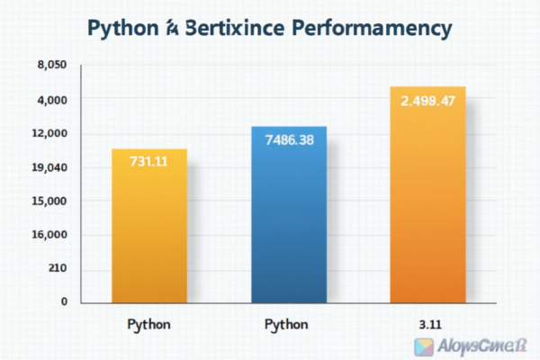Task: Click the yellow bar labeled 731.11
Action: (148, 225)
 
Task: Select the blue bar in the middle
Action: (289, 216)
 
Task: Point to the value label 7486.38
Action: (289, 139)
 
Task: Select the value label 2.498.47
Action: (427, 100)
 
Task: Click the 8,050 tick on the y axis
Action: (51, 66)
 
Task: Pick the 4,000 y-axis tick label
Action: (51, 99)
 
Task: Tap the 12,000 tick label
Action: (49, 133)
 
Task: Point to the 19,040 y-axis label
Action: (49, 167)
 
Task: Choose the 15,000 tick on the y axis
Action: (49, 201)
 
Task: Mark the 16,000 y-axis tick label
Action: (49, 235)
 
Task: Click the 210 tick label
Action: (56, 269)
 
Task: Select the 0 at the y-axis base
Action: (64, 301)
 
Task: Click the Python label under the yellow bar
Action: (148, 323)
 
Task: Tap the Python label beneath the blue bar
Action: (287, 323)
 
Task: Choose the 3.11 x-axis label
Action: (428, 323)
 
